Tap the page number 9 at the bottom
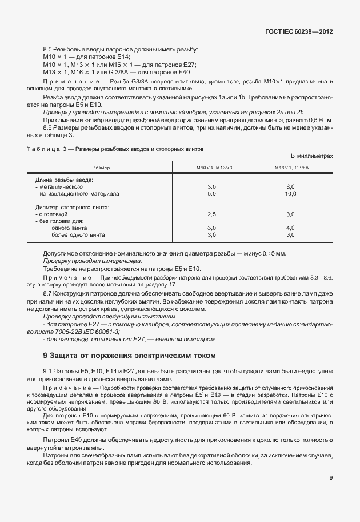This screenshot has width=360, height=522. point(331,478)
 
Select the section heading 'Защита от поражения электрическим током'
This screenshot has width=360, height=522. point(132,355)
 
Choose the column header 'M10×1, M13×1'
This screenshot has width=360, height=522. point(211,167)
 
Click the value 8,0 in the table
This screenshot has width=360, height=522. point(290,186)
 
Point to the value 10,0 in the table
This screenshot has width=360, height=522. point(290,194)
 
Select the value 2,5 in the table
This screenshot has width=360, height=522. point(211,214)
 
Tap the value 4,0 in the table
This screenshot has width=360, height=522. point(290,228)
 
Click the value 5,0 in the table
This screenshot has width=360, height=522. point(211,194)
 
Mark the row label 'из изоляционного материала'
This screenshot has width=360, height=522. point(78,194)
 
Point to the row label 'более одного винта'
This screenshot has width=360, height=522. point(78,234)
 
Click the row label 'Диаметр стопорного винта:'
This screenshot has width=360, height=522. point(73,207)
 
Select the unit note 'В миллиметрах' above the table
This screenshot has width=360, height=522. point(311,156)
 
